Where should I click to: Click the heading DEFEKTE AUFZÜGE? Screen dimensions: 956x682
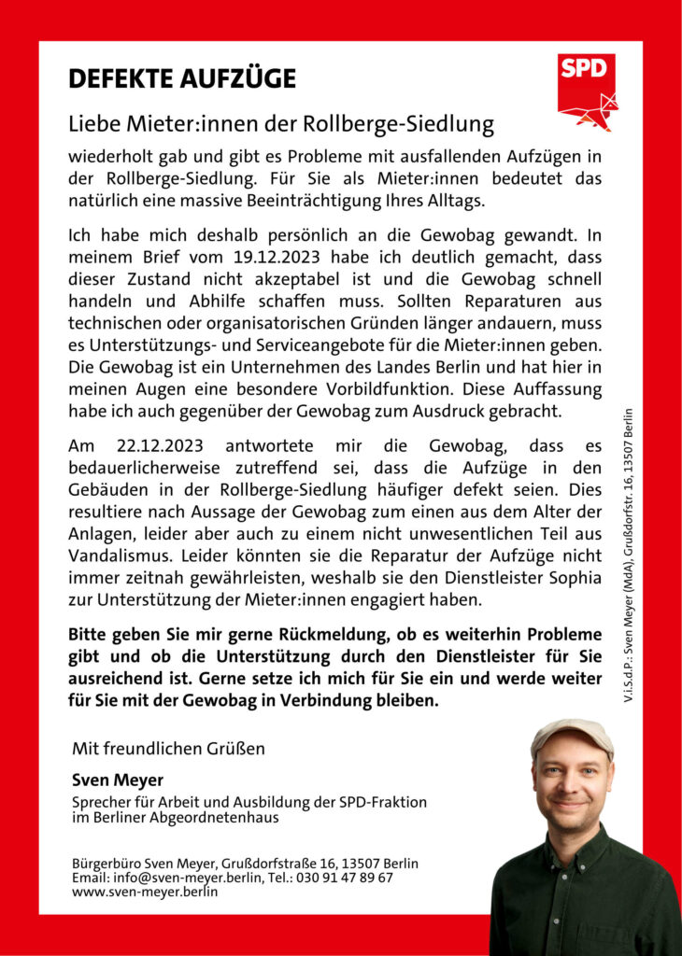click(182, 78)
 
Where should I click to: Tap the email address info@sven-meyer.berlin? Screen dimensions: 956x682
click(181, 878)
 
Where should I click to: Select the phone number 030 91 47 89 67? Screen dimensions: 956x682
click(345, 878)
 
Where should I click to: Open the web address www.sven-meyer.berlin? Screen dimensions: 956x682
click(145, 892)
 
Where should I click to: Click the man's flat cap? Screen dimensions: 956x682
click(572, 734)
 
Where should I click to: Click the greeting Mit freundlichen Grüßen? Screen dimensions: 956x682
click(168, 749)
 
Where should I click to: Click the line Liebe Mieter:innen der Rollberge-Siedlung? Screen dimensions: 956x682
click(280, 122)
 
